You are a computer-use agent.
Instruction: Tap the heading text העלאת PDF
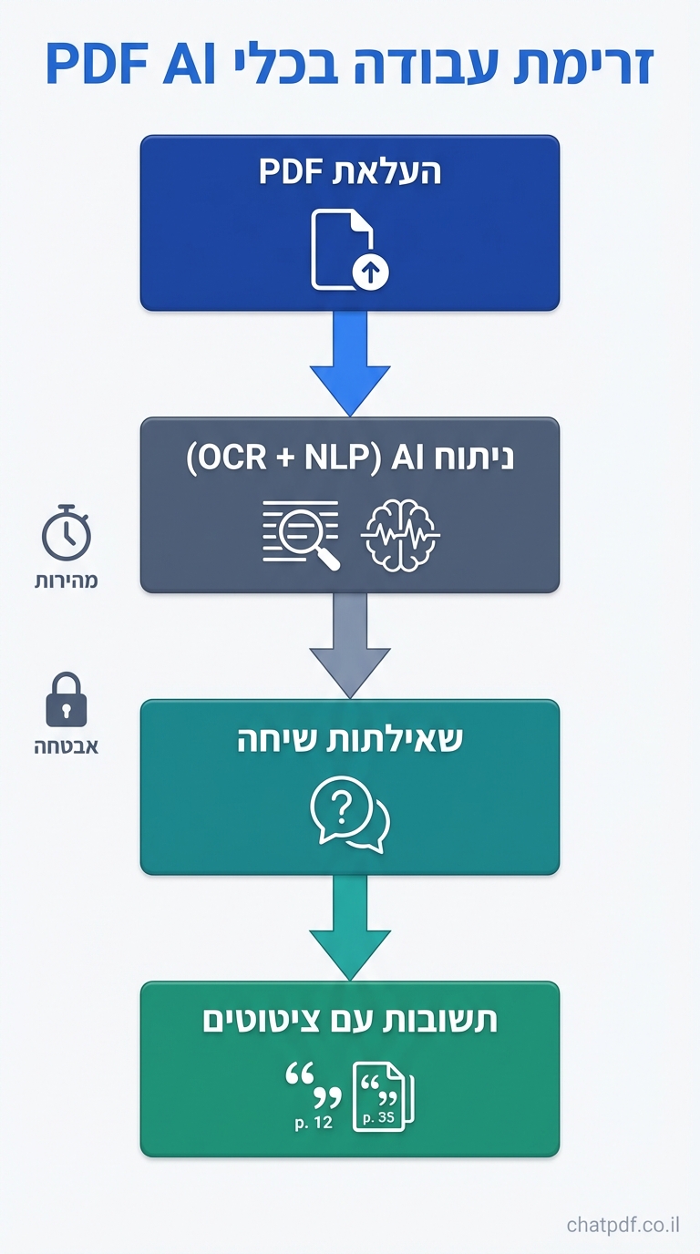coord(350,171)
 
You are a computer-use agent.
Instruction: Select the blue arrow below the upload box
coord(350,365)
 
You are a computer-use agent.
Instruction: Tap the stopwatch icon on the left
coord(67,533)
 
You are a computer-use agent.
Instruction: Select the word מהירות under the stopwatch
coord(67,581)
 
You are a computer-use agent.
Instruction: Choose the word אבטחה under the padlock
coord(67,746)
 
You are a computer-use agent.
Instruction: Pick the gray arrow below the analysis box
coord(350,647)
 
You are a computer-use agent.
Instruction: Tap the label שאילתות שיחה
coord(350,739)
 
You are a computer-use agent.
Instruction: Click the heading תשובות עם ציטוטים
coord(350,1021)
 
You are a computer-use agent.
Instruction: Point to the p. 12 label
coord(314,1123)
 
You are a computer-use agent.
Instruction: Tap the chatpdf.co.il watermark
coord(623,1224)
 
